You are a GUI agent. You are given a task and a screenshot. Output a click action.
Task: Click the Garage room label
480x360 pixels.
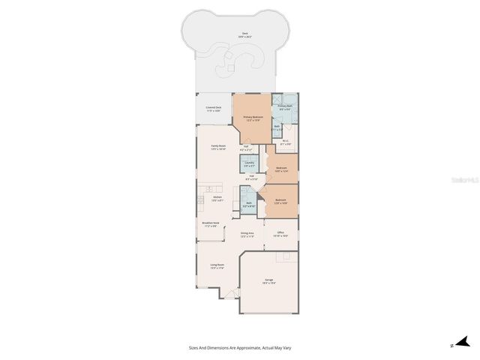point(268,281)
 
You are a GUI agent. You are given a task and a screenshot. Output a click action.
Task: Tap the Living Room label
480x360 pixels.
point(217,266)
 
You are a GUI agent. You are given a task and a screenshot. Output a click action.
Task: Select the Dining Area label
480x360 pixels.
point(247,235)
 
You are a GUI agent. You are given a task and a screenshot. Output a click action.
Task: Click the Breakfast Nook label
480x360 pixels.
point(210,224)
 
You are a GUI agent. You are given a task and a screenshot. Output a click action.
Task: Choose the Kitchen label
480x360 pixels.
point(217,199)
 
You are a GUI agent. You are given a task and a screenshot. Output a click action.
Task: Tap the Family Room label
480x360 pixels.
point(218,147)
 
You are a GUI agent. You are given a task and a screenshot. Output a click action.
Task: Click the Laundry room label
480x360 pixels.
point(249,163)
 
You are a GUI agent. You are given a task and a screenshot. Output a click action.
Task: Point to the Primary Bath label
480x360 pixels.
point(284,108)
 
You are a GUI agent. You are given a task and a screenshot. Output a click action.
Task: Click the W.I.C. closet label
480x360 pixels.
point(286,142)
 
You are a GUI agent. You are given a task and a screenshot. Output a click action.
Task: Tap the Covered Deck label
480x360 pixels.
point(214,109)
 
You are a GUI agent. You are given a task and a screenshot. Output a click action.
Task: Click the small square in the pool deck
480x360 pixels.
point(231,69)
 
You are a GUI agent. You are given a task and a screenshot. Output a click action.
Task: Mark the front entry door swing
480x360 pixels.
point(230,294)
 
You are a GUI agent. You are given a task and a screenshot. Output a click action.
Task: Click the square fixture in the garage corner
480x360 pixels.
point(284,257)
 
